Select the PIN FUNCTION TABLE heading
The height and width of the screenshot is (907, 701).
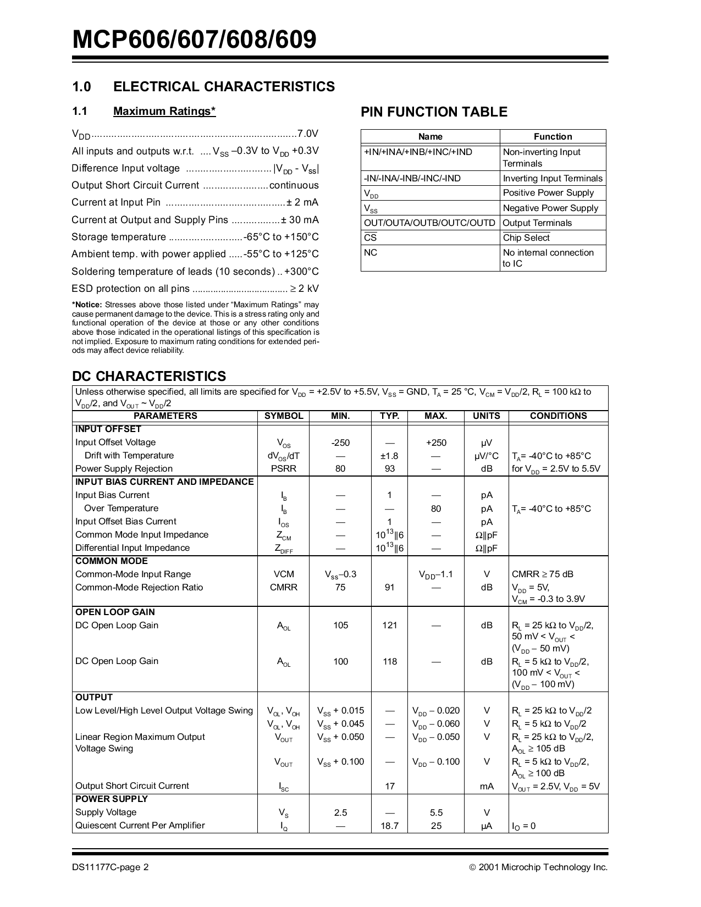coord(434,112)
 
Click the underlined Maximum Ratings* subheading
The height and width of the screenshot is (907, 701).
coord(164,112)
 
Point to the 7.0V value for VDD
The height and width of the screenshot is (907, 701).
coord(307,134)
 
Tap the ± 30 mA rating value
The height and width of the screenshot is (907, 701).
coord(300,220)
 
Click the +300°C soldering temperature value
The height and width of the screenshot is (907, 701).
coord(302,272)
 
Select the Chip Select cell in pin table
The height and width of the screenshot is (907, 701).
coord(526,237)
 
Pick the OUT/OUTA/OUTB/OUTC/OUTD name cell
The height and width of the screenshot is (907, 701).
coord(429,223)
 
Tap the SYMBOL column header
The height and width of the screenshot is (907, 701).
coord(284,416)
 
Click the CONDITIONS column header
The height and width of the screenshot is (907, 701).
coord(558,416)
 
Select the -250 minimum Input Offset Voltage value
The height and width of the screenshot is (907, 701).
coord(340,443)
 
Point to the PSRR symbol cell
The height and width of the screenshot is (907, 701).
coord(284,469)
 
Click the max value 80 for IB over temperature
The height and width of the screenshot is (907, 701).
coord(436,508)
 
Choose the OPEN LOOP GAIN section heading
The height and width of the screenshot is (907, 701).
coord(115,612)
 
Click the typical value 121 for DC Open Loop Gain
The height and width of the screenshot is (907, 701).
coord(389,626)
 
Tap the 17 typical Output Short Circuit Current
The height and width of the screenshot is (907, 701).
coord(389,786)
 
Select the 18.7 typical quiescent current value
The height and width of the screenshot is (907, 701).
coord(389,826)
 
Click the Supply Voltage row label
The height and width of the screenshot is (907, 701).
coord(106,812)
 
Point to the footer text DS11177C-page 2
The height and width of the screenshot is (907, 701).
coord(110,867)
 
